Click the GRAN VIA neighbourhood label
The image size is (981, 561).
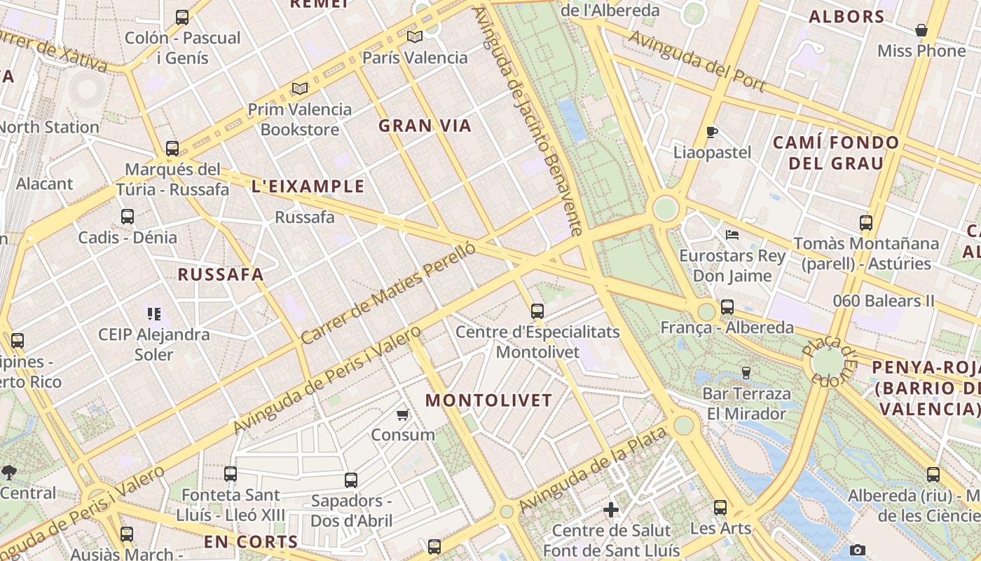pos(425,126)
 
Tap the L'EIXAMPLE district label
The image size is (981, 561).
pos(308,187)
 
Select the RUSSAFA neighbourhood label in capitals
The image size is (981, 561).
pos(221,275)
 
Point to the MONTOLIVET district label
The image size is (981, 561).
pos(488,401)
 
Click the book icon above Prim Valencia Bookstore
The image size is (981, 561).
pos(300,89)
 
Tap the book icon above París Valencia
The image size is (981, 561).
pos(415,37)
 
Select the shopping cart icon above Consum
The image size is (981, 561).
pos(403,414)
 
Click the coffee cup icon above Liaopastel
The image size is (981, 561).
pos(712,132)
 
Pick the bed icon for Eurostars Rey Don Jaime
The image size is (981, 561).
pos(732,235)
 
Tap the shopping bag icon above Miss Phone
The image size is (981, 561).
pos(921,31)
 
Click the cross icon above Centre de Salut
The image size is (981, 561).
pos(611,510)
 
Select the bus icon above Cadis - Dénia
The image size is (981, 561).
pos(127,217)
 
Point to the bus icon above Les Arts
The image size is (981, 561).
pos(720,508)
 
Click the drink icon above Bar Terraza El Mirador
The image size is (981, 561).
pos(746,372)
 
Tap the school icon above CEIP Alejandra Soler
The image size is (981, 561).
pos(153,313)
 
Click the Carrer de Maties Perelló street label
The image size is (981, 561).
pos(388,292)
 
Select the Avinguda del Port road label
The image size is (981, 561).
pos(696,61)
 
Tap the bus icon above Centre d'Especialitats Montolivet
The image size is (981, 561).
pos(537,311)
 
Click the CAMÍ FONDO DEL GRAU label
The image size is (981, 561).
pos(835,153)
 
